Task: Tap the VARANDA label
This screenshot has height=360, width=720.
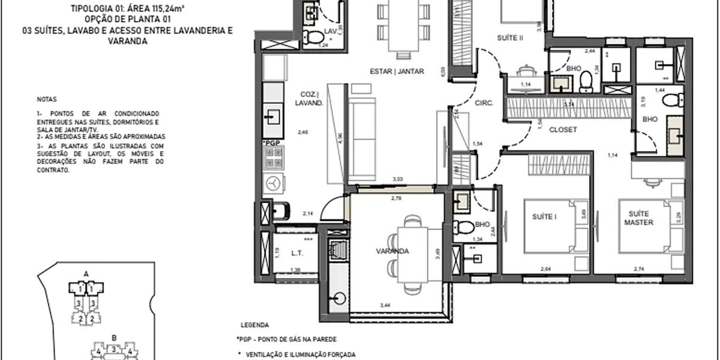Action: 394,251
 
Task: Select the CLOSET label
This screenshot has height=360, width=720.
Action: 563,129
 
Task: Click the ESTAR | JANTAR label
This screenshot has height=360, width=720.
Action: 397,71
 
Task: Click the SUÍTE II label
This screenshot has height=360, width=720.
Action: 511,38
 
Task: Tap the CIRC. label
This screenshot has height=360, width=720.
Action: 484,103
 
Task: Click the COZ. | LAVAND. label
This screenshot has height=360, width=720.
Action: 310,98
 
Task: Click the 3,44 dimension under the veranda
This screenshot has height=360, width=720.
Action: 386,306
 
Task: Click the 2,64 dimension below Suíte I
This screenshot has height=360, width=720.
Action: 546,269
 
